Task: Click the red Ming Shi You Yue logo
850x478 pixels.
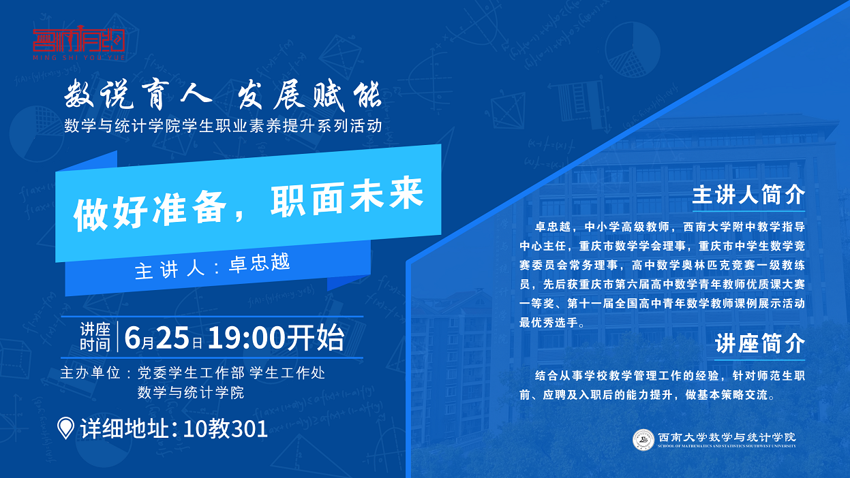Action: [x=78, y=43]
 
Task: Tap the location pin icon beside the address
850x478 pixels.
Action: [x=65, y=428]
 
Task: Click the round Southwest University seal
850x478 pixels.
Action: [x=643, y=440]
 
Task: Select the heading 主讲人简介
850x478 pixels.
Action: [x=748, y=195]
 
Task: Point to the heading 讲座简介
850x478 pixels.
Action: [x=760, y=344]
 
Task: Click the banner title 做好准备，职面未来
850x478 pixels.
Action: [x=249, y=204]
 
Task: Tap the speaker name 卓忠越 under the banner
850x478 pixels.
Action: [x=260, y=263]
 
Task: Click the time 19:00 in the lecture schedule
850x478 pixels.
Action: [x=246, y=338]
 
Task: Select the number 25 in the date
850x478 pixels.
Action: [x=172, y=338]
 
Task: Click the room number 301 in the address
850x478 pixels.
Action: [x=249, y=429]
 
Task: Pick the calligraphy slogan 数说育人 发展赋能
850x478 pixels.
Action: [x=223, y=95]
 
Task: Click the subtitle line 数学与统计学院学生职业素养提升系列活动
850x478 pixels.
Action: [x=223, y=126]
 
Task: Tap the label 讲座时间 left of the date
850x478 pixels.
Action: [x=95, y=337]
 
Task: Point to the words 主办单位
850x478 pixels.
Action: [x=90, y=373]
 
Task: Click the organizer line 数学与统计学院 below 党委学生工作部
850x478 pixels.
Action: [x=190, y=393]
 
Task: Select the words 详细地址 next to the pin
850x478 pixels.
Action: [x=125, y=429]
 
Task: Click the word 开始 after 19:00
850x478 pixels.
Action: [x=316, y=337]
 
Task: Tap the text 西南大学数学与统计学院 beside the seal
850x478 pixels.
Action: [x=727, y=437]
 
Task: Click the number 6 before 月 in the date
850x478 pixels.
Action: [x=132, y=338]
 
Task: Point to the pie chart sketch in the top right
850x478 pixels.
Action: [x=633, y=50]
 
